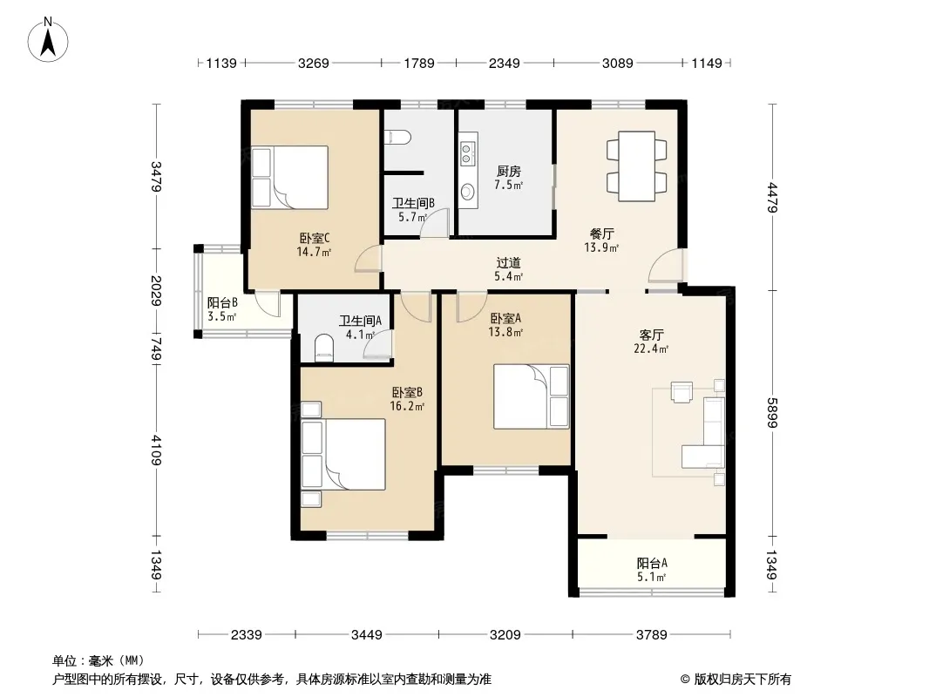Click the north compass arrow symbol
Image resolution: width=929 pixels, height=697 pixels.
pos(48,40)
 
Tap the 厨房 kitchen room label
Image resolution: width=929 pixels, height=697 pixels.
pos(508,171)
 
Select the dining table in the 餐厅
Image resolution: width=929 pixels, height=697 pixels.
pos(637,166)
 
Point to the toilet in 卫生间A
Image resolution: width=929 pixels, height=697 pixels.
pos(323,348)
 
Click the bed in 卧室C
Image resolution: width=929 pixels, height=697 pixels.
pos(289,177)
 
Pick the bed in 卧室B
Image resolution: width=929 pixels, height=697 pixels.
pos(343,455)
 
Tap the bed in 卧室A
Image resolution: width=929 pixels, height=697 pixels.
pos(532,396)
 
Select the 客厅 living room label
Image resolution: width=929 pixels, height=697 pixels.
pos(651,335)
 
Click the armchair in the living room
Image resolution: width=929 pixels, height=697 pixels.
pos(681,392)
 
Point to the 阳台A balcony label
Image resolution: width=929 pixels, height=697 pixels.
pos(652,563)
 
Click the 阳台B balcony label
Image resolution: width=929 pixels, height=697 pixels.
pos(222,302)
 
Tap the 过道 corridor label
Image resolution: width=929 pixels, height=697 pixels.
pos(508,262)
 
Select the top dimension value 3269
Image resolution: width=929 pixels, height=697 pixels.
pos(313,63)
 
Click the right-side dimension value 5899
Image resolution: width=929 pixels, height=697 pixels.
pos(770,413)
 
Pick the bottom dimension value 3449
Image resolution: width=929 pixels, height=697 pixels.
pos(367,635)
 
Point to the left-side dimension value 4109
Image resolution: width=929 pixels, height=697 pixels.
pos(156,450)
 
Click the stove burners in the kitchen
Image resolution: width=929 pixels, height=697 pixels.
pos(467,152)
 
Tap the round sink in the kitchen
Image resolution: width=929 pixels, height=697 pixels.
pos(467,192)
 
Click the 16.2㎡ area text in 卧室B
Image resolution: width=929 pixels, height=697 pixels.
pos(407,406)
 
